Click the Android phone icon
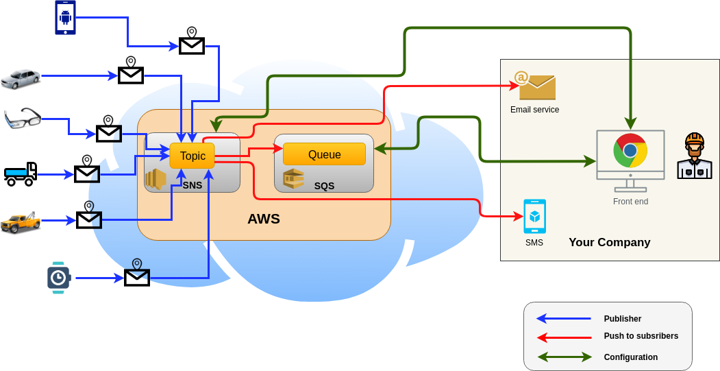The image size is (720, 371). [65, 17]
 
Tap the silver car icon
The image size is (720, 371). [21, 78]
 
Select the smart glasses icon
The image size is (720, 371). [23, 119]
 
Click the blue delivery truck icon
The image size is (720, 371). [21, 174]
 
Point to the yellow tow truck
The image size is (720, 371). [21, 222]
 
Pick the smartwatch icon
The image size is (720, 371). [59, 278]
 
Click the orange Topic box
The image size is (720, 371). [193, 156]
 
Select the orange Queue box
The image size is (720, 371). [324, 154]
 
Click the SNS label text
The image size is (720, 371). [193, 184]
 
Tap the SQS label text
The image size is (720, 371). [324, 186]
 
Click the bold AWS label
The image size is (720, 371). [264, 219]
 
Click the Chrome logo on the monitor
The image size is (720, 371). [630, 151]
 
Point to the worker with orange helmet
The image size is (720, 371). [695, 156]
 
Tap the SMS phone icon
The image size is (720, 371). [534, 217]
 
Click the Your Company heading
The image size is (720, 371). [609, 242]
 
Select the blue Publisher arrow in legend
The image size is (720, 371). [564, 318]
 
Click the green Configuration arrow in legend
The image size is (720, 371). [564, 357]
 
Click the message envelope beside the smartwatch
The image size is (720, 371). [137, 276]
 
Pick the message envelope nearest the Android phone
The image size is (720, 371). [192, 45]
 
